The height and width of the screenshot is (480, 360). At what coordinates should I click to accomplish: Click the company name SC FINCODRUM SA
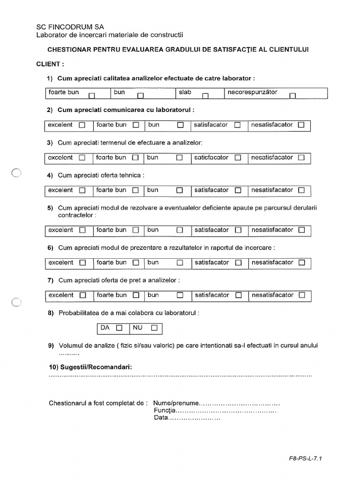(70, 27)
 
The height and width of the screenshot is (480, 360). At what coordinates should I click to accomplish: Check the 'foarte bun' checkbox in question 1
(92, 96)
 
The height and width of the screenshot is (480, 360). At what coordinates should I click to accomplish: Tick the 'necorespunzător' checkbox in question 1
(293, 96)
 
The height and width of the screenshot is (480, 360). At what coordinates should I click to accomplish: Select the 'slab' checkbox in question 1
(205, 96)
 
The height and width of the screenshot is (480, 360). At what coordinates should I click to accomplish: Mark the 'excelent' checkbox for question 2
(82, 125)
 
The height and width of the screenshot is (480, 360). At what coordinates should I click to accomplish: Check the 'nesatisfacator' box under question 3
(301, 158)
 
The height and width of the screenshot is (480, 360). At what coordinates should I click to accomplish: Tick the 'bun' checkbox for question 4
(180, 190)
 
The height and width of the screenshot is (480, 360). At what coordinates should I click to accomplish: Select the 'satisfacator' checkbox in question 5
(238, 230)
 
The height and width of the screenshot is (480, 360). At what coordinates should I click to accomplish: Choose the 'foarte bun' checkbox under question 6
(135, 263)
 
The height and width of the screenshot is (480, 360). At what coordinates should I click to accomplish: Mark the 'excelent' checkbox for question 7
(83, 296)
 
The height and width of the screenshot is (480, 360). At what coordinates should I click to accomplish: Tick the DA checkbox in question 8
(119, 328)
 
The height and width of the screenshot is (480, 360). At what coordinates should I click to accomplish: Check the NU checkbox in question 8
(154, 328)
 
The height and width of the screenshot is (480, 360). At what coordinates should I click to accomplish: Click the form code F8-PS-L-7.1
(306, 459)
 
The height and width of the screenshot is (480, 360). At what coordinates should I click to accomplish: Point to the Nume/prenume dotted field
(240, 403)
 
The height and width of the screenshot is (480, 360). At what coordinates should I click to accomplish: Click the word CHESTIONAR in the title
(70, 49)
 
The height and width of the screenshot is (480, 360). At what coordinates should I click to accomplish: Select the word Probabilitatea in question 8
(81, 312)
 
